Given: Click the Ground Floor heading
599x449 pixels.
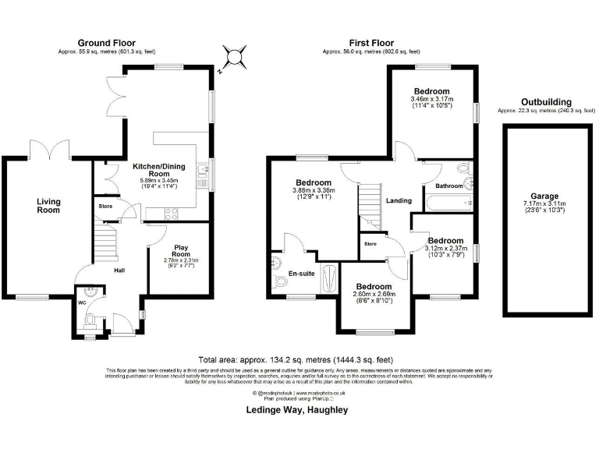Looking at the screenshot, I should click(106, 43).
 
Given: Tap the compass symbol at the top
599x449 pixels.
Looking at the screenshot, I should click(232, 57).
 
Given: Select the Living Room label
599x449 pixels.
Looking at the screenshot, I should click(48, 206).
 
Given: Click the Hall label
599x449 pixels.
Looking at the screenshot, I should click(119, 270).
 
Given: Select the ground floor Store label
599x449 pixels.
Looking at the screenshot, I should click(105, 207).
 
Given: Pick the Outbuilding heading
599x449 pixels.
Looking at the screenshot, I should click(545, 102).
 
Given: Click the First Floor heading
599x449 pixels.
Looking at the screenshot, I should click(371, 43).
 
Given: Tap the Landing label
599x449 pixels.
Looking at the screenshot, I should click(399, 200).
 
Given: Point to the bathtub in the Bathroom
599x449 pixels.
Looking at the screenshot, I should click(449, 203).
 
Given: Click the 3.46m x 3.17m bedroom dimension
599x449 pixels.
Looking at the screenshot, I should click(432, 99).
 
